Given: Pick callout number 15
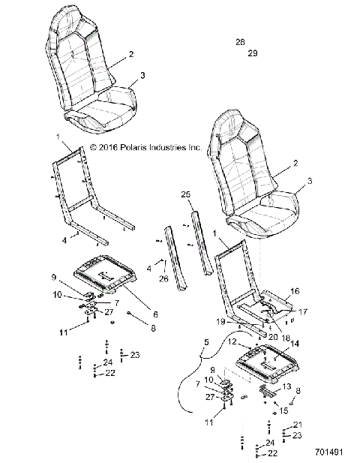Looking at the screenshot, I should pyautogui.click(x=283, y=410).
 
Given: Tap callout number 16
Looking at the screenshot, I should pyautogui.click(x=295, y=290).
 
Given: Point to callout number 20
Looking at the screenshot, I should pyautogui.click(x=273, y=337).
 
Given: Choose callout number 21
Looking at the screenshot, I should pyautogui.click(x=296, y=424).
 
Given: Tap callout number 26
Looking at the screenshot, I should pyautogui.click(x=164, y=281).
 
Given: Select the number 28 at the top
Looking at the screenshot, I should pyautogui.click(x=239, y=42).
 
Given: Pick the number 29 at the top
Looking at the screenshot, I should pyautogui.click(x=252, y=53).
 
